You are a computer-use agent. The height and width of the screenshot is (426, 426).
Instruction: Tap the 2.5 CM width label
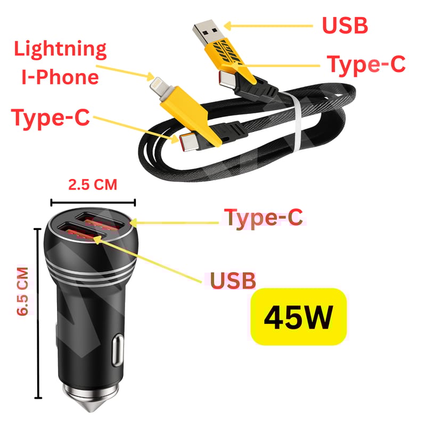click(x=93, y=185)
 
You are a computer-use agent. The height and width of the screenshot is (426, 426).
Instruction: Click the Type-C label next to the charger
click(x=264, y=217)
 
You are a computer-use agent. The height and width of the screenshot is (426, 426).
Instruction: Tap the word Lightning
click(x=60, y=49)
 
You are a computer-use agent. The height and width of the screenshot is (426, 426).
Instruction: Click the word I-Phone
click(x=60, y=77)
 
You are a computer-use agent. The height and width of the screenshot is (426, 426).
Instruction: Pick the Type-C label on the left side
click(x=51, y=118)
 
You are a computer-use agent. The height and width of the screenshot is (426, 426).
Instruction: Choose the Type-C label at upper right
click(x=366, y=64)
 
